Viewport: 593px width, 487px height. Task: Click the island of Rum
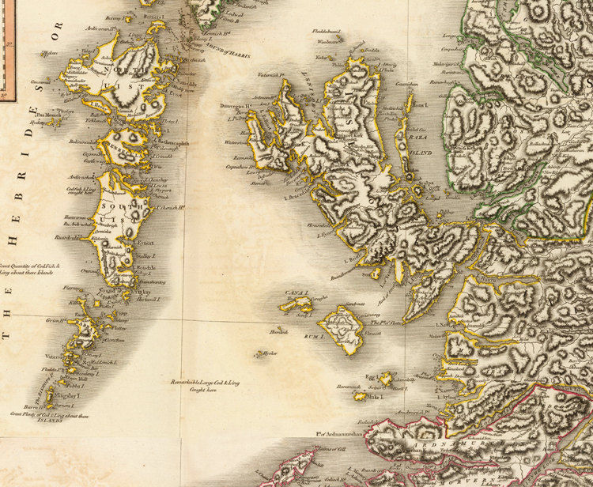click(342, 326)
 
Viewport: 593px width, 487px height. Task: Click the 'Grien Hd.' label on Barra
click(55, 320)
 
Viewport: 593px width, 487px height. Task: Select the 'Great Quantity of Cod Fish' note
click(29, 270)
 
